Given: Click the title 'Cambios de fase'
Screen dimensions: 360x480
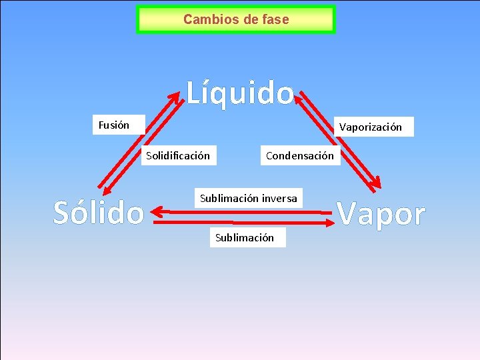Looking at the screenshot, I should tap(236, 20).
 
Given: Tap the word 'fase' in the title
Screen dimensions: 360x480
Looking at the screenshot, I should tap(275, 20).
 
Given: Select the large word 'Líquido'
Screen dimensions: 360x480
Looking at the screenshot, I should tap(239, 94).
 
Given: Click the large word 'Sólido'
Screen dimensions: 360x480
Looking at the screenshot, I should tap(99, 213).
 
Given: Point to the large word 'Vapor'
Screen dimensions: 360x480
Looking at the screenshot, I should tap(381, 214).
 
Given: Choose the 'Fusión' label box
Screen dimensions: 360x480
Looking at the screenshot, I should tap(114, 125).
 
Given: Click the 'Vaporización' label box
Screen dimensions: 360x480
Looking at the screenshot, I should tap(371, 127).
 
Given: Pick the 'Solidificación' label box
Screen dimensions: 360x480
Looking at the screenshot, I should tap(178, 156).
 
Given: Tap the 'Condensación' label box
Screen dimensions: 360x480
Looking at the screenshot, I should tap(299, 156).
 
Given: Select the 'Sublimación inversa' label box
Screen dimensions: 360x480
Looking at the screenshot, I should tap(249, 199).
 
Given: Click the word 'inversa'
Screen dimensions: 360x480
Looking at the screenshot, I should tap(279, 199).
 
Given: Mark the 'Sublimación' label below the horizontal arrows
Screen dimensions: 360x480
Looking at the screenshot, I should tap(244, 237).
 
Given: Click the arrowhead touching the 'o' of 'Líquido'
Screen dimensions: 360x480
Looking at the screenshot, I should tap(300, 95).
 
